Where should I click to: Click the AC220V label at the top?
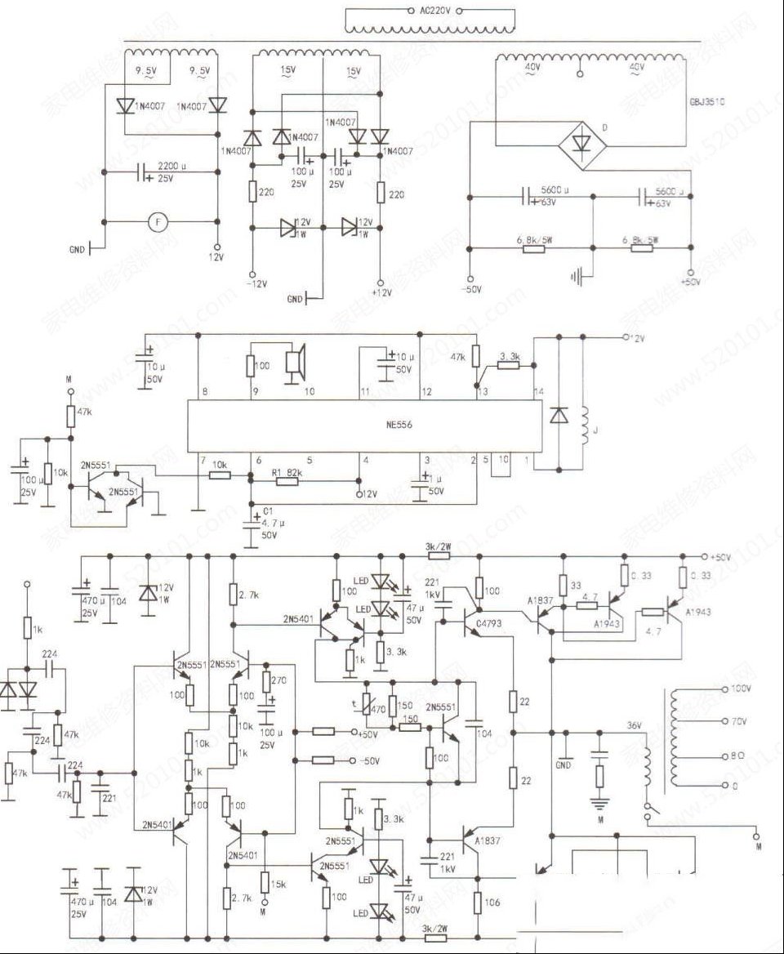tap(433, 11)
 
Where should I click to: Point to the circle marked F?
tap(153, 221)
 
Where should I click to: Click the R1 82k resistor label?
tap(286, 473)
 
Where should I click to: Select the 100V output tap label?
tap(742, 689)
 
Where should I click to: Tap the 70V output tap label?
tap(738, 722)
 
